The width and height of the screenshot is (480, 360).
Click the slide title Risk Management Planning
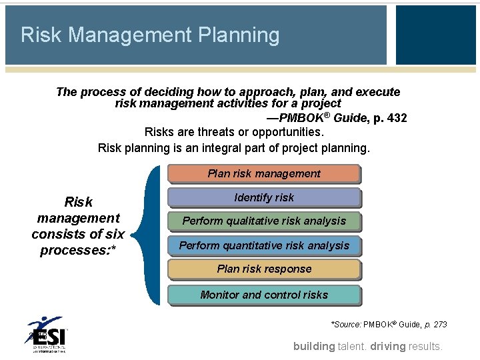pyautogui.click(x=150, y=35)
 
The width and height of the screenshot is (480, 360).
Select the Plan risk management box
pyautogui.click(x=264, y=173)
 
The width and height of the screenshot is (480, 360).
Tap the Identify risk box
pyautogui.click(x=264, y=197)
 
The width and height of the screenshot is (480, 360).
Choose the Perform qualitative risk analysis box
pyautogui.click(x=264, y=221)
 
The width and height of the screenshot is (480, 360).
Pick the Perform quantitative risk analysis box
pyautogui.click(x=264, y=245)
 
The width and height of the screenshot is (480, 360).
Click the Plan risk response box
pyautogui.click(x=264, y=269)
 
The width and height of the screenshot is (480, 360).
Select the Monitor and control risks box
pyautogui.click(x=264, y=295)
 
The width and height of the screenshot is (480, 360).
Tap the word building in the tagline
pyautogui.click(x=314, y=346)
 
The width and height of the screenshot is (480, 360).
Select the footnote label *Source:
pyautogui.click(x=346, y=325)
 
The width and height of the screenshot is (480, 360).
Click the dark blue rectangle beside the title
pyautogui.click(x=435, y=35)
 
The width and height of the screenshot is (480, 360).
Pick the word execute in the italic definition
pyautogui.click(x=378, y=92)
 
